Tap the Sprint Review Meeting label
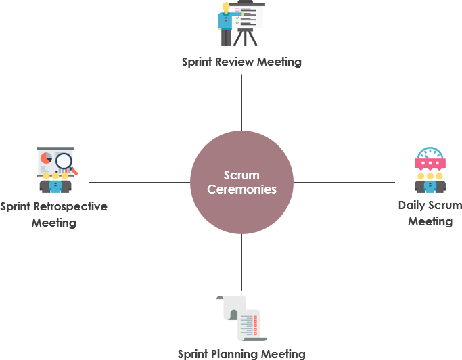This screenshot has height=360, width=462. (241, 62)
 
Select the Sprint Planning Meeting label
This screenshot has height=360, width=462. (241, 353)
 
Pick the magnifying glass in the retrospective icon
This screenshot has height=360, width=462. (65, 161)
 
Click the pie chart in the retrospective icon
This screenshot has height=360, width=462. (46, 158)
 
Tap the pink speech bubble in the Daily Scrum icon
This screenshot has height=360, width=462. (430, 164)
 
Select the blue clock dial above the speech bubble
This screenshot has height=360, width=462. (430, 153)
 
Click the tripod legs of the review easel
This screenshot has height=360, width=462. (248, 38)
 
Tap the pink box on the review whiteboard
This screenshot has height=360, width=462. (237, 10)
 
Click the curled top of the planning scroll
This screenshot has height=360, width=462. (223, 300)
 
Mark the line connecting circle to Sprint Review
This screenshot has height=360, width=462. (241, 102)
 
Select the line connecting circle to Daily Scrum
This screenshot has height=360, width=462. (345, 182)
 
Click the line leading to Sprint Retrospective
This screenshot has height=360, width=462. (139, 182)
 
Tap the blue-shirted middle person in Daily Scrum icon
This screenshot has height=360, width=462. (430, 184)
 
